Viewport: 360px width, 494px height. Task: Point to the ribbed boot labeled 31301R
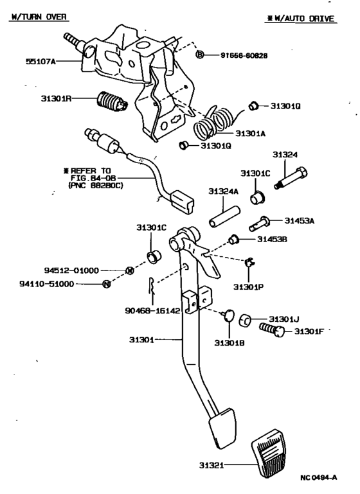111,102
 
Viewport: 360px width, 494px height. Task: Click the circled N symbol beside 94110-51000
106,284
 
